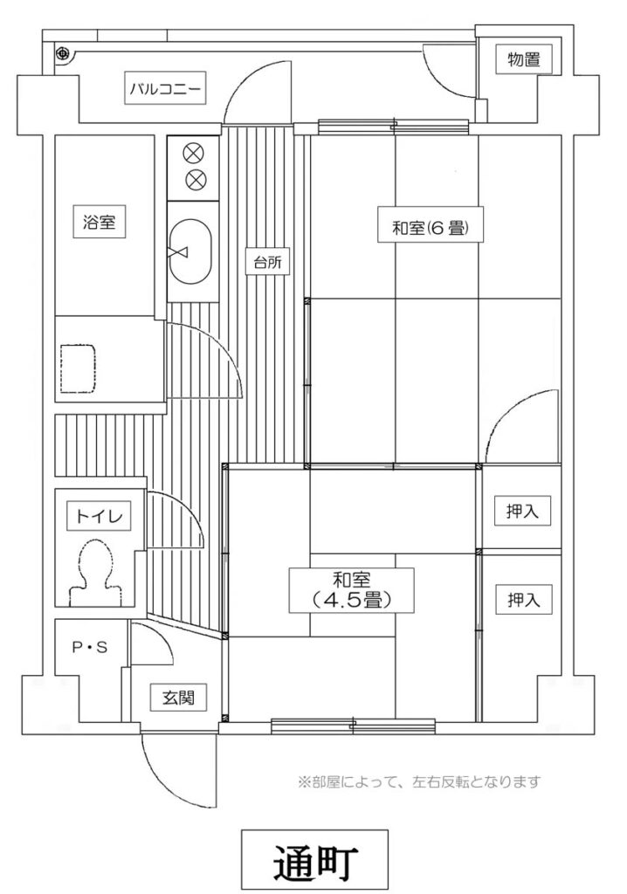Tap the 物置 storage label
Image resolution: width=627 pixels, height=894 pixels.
[x=524, y=58]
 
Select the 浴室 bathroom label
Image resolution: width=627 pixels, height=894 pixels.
[x=100, y=221]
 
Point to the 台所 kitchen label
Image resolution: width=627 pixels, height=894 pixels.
[x=267, y=263]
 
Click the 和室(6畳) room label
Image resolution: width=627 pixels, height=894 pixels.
[x=431, y=228]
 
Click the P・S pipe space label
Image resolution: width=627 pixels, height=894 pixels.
[x=90, y=647]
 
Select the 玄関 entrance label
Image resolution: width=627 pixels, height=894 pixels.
[x=178, y=697]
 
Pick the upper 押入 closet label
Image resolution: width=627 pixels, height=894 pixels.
[x=522, y=511]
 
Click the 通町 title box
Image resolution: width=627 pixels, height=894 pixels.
[x=314, y=860]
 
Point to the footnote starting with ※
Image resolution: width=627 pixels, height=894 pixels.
[x=419, y=781]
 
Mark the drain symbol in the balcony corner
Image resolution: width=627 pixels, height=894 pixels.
[x=62, y=54]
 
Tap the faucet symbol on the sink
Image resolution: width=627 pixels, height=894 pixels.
[x=177, y=253]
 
